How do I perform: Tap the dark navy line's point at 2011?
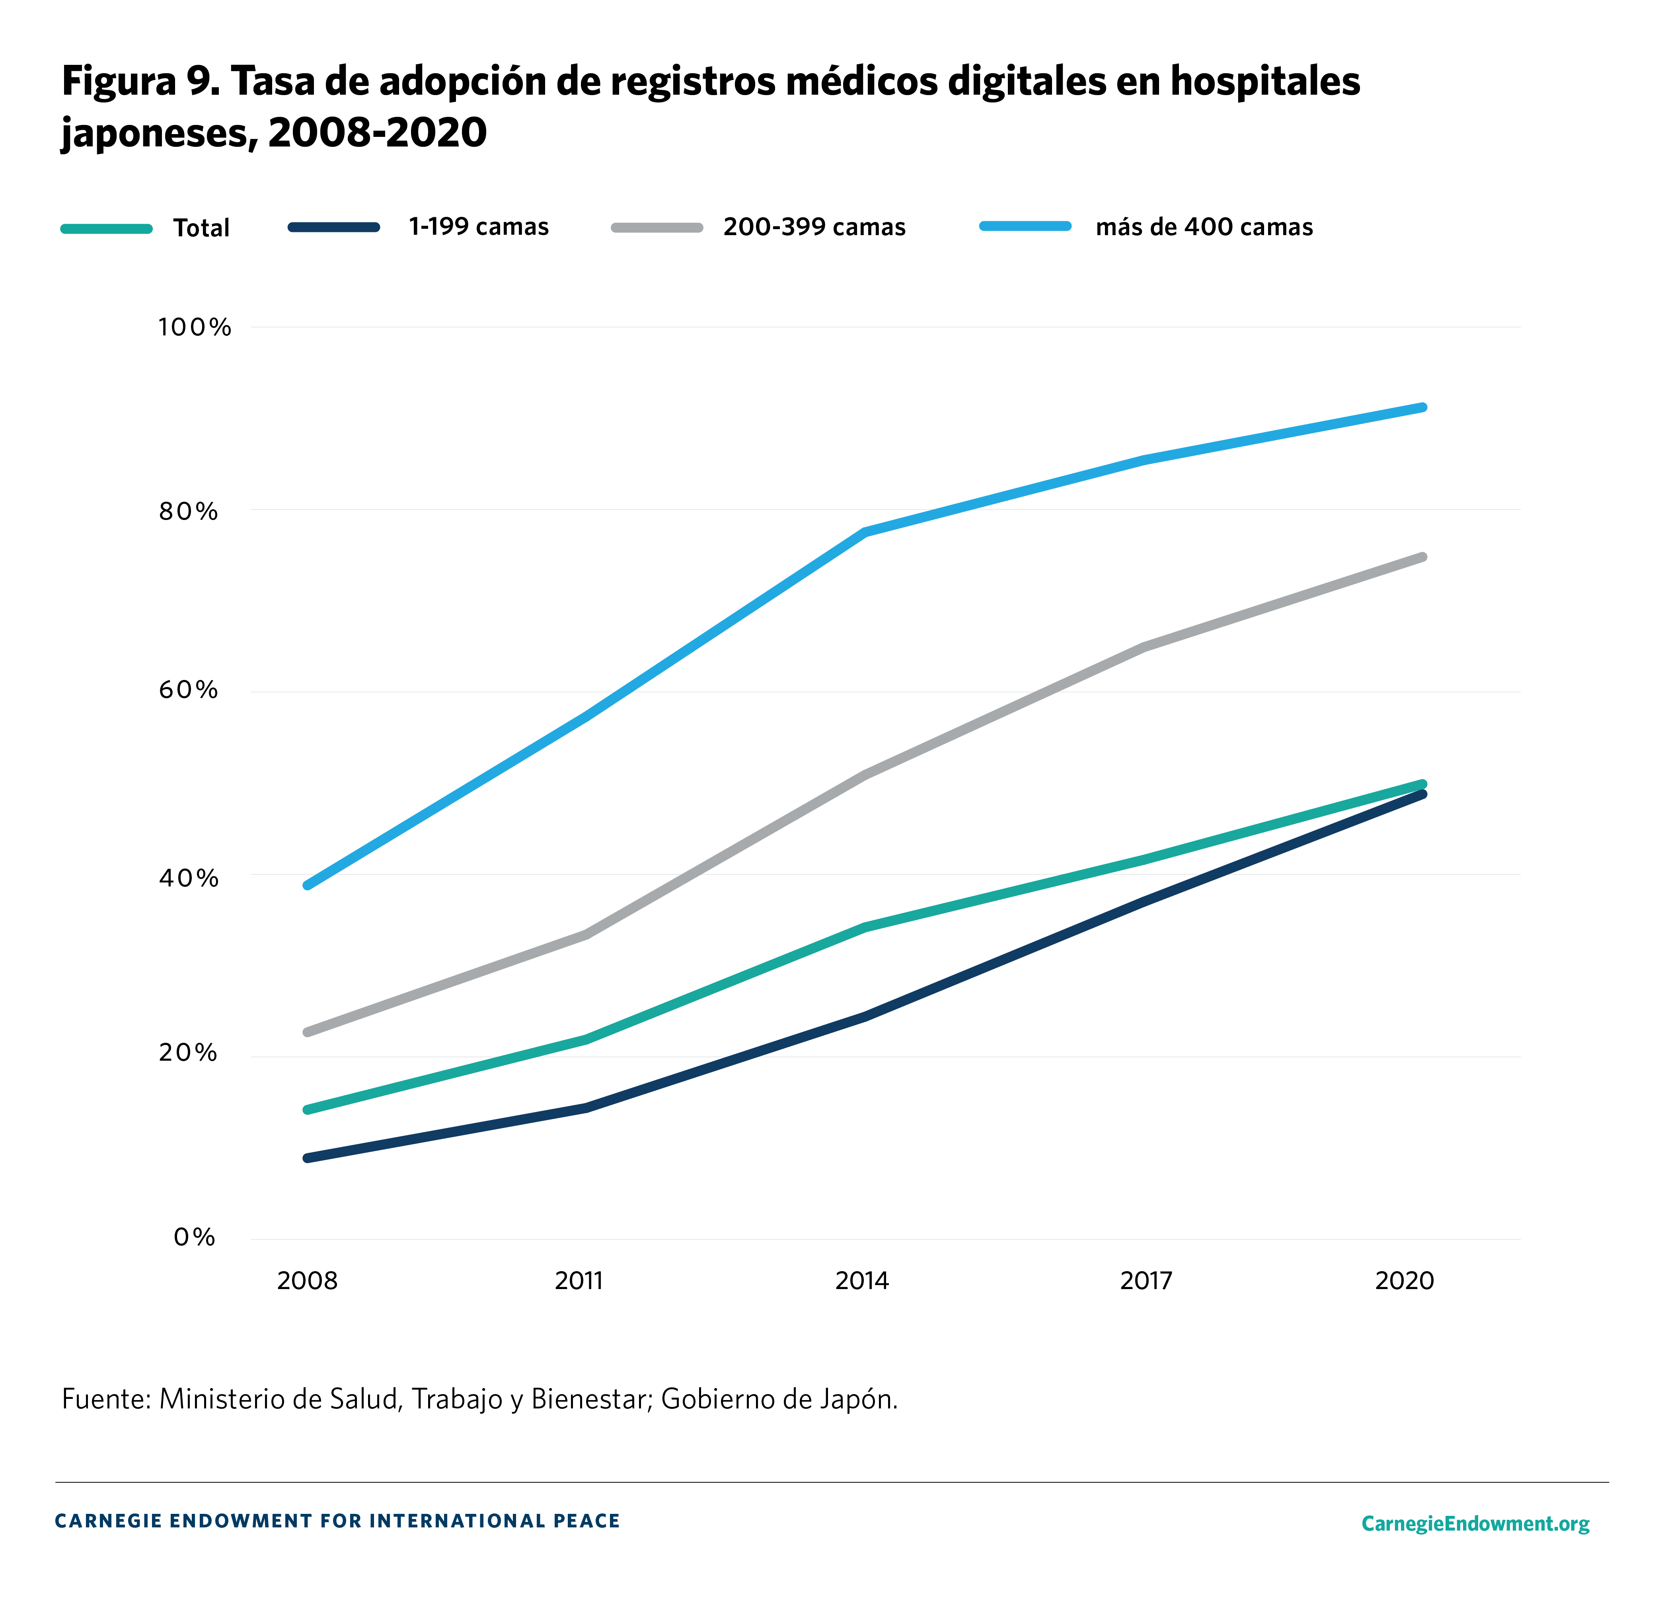click(585, 1108)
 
